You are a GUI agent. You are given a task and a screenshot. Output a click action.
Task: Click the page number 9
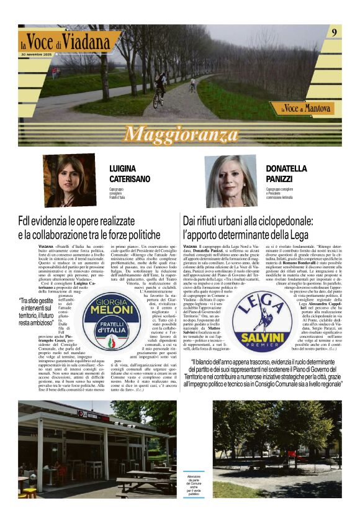pyautogui.click(x=334, y=32)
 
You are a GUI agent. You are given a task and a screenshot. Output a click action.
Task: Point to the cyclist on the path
pyautogui.click(x=159, y=90)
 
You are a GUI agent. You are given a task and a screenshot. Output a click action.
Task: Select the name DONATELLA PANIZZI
pyautogui.click(x=286, y=174)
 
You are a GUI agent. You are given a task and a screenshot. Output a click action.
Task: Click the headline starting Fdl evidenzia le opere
pyautogui.click(x=89, y=228)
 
